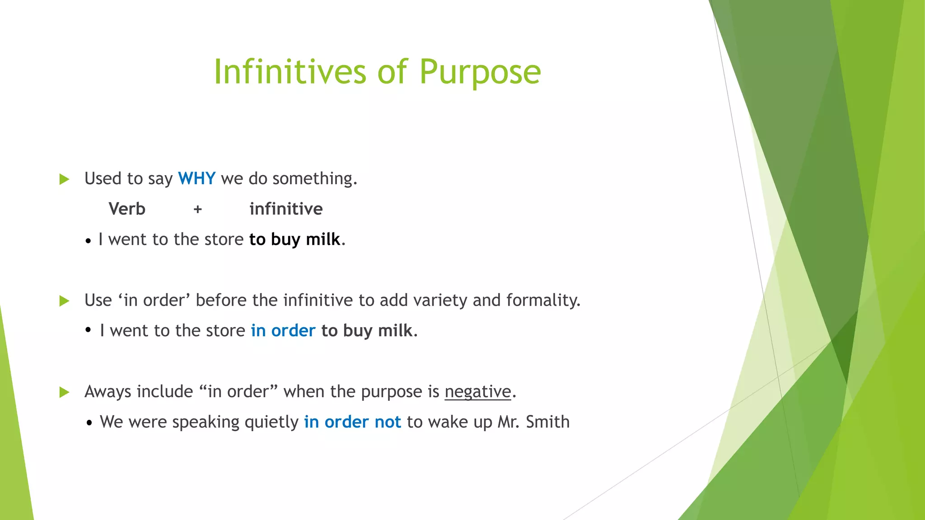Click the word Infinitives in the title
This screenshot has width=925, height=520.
(290, 72)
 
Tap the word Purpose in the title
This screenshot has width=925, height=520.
(480, 72)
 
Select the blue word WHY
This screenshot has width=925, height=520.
(196, 179)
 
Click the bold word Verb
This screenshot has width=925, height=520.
(127, 209)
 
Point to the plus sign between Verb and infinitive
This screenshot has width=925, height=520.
(197, 209)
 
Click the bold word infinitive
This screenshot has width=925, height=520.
(286, 209)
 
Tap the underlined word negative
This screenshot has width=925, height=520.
(478, 392)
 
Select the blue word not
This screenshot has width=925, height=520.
(388, 422)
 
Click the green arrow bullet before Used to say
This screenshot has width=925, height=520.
(65, 179)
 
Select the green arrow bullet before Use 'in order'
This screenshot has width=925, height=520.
(65, 301)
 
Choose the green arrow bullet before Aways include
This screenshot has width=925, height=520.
(65, 392)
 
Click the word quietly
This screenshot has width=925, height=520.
(271, 422)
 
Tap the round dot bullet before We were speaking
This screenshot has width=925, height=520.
(89, 423)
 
